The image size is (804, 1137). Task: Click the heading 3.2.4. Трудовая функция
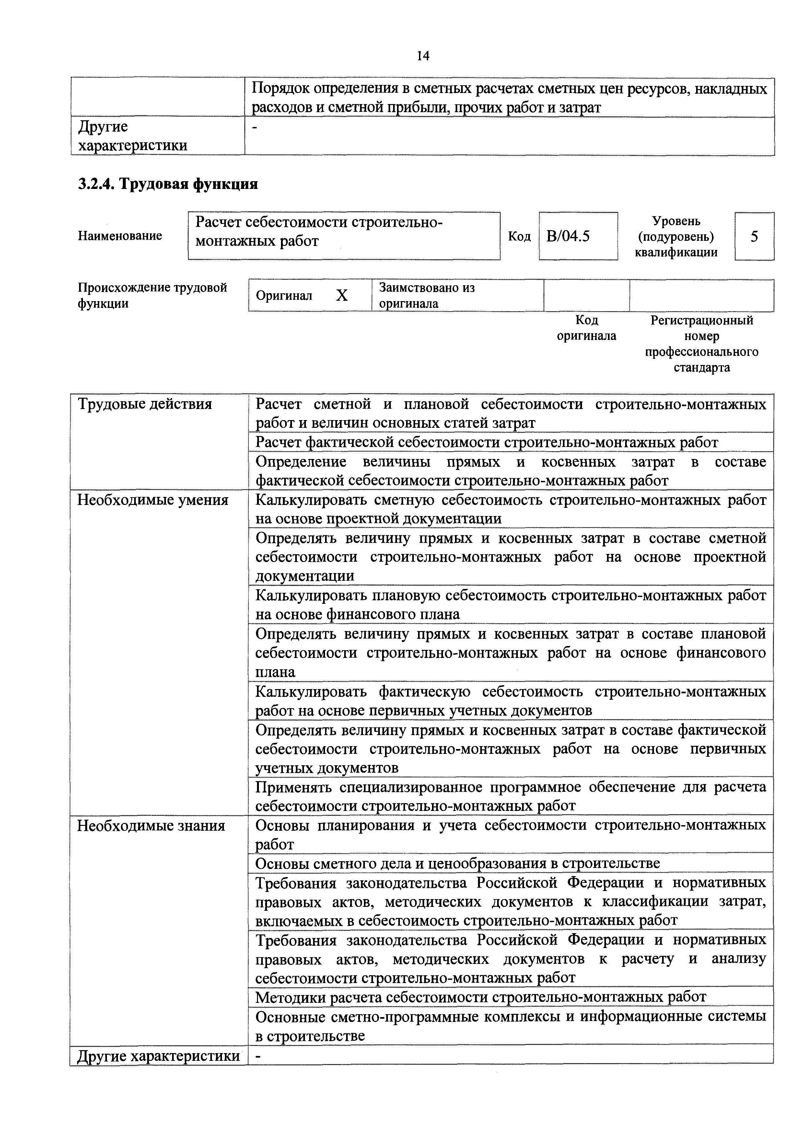pos(168,184)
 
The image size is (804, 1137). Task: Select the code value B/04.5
pos(568,236)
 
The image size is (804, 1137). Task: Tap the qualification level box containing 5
pos(754,236)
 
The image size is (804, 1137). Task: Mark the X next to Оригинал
pos(342,296)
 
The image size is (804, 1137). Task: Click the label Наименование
pos(120,236)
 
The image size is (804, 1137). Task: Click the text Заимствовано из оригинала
pos(427,295)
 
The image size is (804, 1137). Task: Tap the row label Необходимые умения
pos(153,500)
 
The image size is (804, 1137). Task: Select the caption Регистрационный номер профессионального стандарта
pos(702,344)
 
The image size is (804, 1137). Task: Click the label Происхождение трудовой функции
pos(152,295)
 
